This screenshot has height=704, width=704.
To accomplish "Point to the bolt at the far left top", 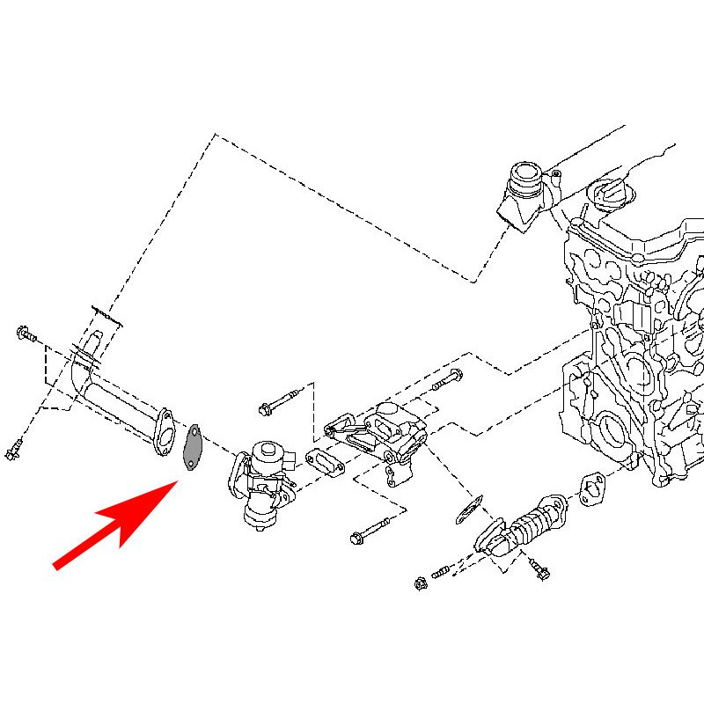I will [24, 334].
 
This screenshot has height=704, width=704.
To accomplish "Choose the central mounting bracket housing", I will [378, 436].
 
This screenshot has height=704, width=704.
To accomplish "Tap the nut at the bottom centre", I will [421, 582].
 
